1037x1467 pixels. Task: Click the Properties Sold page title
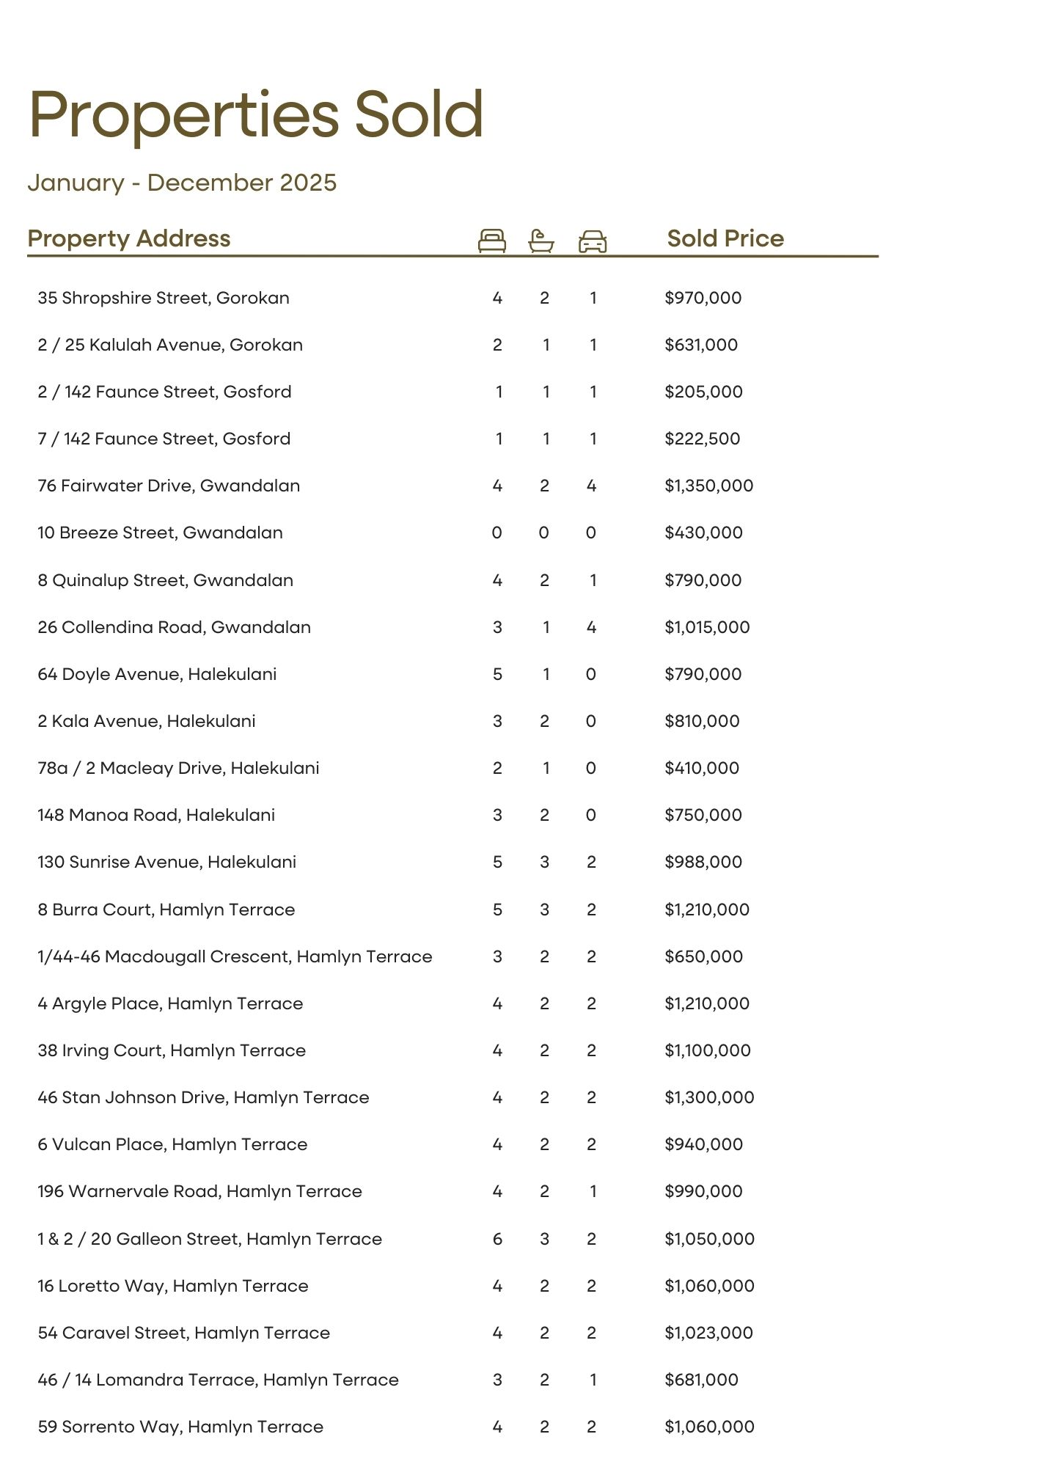point(256,115)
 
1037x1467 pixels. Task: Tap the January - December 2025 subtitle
point(182,183)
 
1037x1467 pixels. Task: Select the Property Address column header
point(129,238)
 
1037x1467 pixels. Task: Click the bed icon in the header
point(491,241)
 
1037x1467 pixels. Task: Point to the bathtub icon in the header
point(541,241)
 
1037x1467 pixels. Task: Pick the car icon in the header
point(593,241)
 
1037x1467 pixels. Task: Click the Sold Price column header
point(725,238)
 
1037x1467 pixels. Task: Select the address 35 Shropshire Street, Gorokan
point(164,298)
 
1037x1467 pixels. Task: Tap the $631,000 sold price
point(701,345)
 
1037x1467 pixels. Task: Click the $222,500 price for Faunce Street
point(703,439)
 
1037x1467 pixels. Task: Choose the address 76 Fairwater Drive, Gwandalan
point(169,486)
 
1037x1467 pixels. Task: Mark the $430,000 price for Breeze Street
point(703,533)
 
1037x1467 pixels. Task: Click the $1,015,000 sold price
point(707,627)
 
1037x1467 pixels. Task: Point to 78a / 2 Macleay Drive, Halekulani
point(178,768)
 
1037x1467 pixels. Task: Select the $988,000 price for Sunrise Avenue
point(703,862)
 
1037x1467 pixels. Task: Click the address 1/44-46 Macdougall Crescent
point(235,956)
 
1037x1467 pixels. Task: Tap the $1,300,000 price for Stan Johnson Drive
point(709,1097)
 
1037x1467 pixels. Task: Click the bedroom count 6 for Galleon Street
point(497,1239)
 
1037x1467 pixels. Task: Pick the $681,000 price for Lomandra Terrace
point(701,1380)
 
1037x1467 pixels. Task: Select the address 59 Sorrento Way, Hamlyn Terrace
point(180,1427)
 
